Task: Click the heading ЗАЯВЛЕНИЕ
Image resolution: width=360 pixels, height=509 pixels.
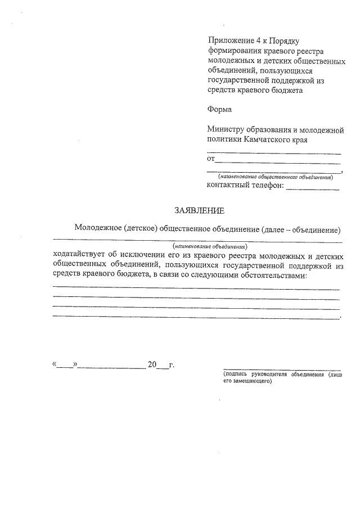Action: pyautogui.click(x=199, y=211)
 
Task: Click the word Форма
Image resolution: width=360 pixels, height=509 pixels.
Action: pyautogui.click(x=219, y=109)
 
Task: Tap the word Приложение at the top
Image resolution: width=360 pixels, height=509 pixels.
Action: pyautogui.click(x=230, y=41)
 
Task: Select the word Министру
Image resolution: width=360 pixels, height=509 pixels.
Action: pyautogui.click(x=226, y=129)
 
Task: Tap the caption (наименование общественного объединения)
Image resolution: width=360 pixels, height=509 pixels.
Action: pyautogui.click(x=276, y=177)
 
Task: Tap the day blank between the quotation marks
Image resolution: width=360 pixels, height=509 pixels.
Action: pyautogui.click(x=65, y=366)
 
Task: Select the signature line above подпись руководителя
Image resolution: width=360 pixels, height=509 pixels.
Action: pyautogui.click(x=281, y=369)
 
